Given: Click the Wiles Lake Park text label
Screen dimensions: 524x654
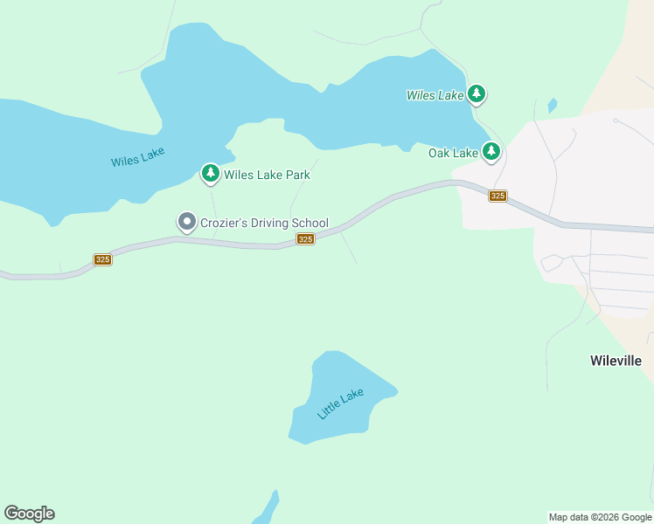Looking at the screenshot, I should click(267, 175).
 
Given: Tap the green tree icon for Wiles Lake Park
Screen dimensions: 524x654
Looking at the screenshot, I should click(210, 174).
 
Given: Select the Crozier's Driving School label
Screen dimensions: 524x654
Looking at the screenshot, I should click(264, 223).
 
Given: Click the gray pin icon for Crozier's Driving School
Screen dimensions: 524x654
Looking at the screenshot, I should click(186, 222).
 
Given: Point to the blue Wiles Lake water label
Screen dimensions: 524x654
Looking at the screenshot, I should click(137, 157).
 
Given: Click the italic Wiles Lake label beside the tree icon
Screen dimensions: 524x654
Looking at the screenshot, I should click(435, 95).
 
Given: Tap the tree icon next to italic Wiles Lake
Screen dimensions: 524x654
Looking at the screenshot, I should click(476, 93).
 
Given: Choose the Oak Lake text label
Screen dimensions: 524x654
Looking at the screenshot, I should click(453, 153).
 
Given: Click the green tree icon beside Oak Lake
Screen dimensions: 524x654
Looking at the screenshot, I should click(491, 152).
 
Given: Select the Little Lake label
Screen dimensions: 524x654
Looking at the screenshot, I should click(340, 403).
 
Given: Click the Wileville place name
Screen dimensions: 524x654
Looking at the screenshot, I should click(616, 361).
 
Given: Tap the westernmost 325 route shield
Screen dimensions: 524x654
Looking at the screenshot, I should click(102, 259).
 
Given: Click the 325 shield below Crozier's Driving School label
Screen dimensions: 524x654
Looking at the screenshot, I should click(304, 239).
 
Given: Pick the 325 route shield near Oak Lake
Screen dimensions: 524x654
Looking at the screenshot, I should click(497, 196).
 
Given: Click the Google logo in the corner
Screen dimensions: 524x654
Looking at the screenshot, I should click(29, 514).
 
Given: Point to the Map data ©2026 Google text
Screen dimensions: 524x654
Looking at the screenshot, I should click(600, 517).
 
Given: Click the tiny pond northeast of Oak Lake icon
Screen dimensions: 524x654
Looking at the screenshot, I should click(552, 106).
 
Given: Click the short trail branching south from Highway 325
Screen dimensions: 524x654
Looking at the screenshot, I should click(349, 248).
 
